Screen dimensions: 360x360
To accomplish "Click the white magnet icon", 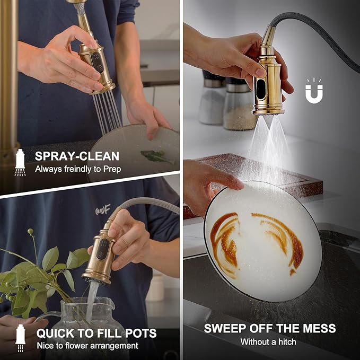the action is tap(314, 91).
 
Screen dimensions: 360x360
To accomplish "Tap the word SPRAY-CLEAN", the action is tap(77, 156).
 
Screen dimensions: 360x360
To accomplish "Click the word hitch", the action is tap(287, 342).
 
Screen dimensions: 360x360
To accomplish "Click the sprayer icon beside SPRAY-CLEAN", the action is tap(20, 163).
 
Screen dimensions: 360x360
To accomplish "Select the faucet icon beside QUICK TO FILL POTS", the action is tap(20, 338).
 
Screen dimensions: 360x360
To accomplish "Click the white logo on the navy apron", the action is tap(103, 209).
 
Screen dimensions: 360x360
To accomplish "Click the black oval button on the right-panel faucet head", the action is tap(260, 89).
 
